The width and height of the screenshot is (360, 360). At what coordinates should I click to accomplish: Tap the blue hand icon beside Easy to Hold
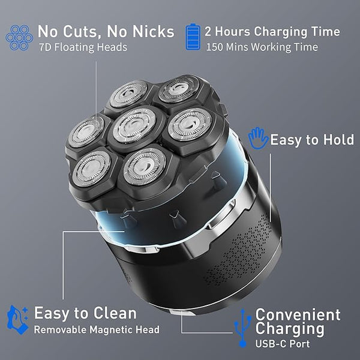coord(258,138)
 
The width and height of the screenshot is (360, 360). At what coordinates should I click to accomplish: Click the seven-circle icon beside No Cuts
coord(19,37)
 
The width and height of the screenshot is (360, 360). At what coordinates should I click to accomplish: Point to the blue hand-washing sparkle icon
coord(17,320)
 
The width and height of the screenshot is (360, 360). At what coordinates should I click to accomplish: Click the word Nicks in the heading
coord(153,31)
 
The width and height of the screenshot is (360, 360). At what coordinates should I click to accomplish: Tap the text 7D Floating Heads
coord(83,47)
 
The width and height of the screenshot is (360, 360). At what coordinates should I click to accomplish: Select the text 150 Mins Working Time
coord(262,47)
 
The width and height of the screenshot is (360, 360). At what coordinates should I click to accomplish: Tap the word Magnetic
coord(110,330)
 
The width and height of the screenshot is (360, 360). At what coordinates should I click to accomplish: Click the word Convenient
coord(298,314)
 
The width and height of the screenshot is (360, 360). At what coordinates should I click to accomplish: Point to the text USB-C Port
coord(283,344)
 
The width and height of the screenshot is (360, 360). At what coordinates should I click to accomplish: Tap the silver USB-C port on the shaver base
coord(181,313)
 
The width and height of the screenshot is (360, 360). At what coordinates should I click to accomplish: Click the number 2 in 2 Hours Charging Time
coord(208,31)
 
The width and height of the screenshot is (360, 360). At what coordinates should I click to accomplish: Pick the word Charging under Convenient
coord(290,329)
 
